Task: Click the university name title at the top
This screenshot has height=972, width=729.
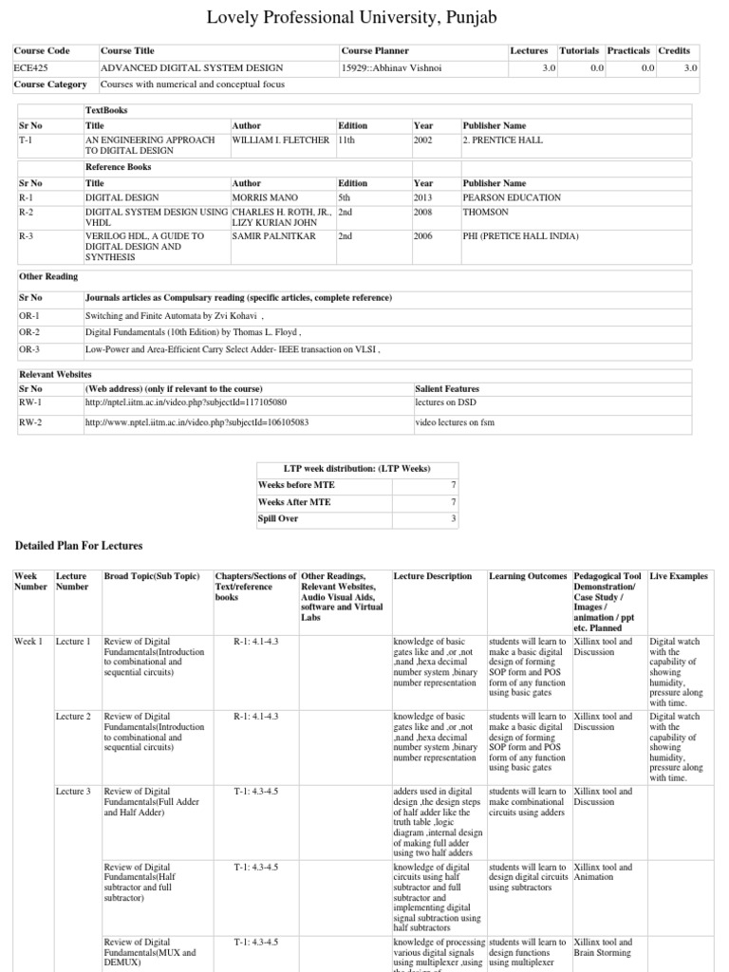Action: click(x=364, y=17)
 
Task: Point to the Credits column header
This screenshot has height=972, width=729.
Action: click(x=677, y=50)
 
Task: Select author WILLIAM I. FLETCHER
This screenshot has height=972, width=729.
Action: click(x=281, y=140)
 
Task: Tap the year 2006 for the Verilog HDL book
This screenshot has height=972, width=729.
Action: click(x=423, y=235)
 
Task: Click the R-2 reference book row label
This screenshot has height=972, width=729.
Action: click(x=27, y=212)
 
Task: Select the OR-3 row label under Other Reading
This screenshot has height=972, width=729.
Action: click(x=29, y=349)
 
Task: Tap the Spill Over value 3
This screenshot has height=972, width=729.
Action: click(x=454, y=518)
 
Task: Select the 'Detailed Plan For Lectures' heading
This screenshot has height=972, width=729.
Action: click(x=79, y=546)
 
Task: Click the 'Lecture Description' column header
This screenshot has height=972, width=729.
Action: click(x=432, y=576)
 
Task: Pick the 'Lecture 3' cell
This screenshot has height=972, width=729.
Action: click(x=73, y=791)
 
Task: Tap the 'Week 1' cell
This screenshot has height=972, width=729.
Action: click(x=28, y=642)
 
